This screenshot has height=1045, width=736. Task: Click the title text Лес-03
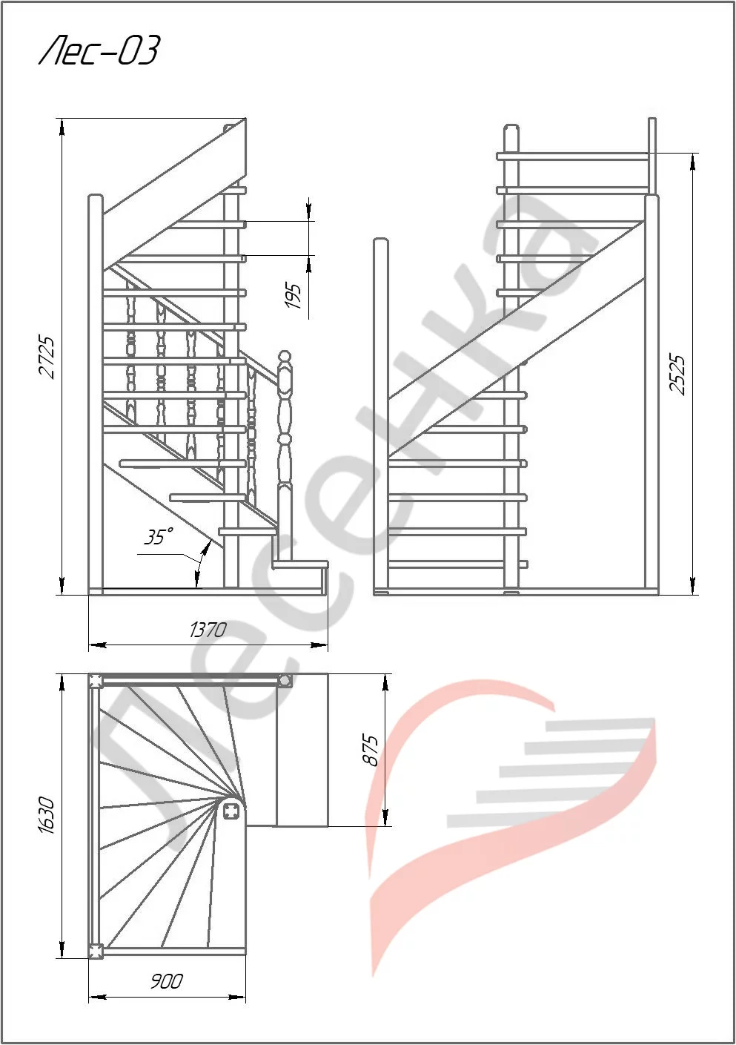tap(99, 51)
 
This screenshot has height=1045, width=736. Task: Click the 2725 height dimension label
tap(47, 357)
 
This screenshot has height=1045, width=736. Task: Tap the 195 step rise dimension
tap(294, 295)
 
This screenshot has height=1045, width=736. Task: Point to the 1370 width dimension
tap(208, 630)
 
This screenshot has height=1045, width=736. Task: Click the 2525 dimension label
tap(676, 375)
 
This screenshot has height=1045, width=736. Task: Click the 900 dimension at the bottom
tap(167, 981)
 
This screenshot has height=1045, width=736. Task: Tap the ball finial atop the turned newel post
tap(285, 357)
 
